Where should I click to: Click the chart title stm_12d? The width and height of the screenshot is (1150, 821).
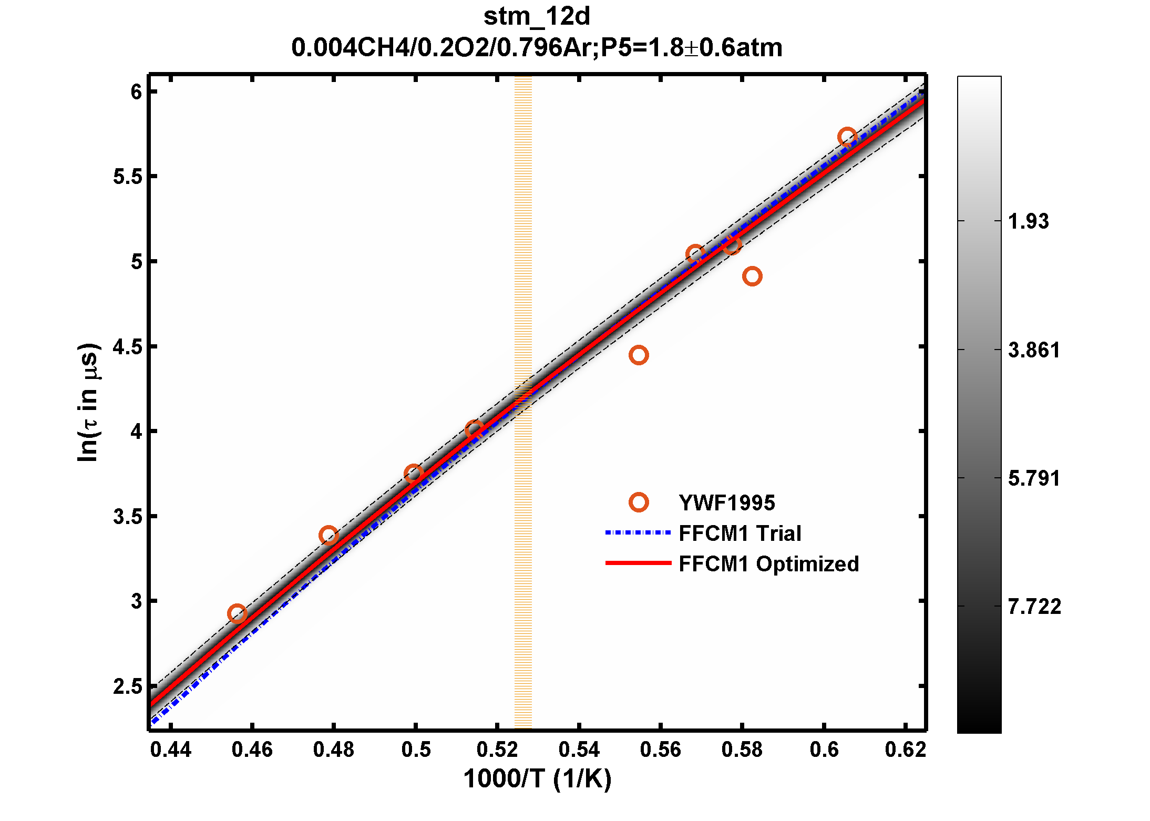(537, 17)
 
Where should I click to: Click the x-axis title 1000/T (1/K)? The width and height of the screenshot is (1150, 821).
(537, 779)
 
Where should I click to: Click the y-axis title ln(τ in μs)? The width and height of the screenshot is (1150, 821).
(88, 403)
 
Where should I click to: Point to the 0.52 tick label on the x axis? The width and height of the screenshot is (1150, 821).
(497, 750)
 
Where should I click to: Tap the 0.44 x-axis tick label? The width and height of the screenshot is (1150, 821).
(171, 750)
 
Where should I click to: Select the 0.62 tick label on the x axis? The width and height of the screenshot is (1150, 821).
(905, 750)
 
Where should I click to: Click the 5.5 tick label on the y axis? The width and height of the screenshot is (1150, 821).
(128, 177)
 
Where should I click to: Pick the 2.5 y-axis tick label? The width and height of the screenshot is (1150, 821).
(128, 686)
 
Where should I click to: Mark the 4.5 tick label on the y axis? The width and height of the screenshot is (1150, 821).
(128, 347)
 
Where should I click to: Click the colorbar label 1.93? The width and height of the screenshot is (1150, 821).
(1028, 221)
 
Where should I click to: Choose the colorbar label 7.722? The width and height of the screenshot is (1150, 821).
(1034, 607)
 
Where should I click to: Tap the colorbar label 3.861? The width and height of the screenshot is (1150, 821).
(1034, 350)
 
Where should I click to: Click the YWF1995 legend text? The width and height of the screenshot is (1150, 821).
(726, 503)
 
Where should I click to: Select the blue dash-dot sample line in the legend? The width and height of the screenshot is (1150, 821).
(638, 533)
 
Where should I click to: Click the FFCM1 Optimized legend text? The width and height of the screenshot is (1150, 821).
(768, 564)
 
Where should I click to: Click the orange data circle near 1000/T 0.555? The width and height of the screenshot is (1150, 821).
(639, 355)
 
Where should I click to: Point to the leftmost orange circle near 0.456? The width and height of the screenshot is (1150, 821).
(237, 613)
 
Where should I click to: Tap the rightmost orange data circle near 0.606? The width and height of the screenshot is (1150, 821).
(847, 137)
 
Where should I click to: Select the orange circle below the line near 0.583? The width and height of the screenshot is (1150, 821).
(753, 276)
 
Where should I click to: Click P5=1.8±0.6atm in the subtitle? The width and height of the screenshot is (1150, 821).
(691, 48)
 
